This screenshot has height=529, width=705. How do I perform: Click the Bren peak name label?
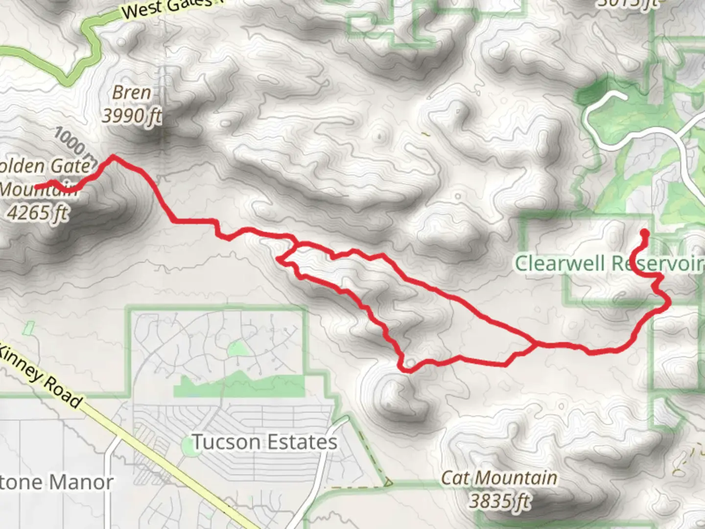pyautogui.click(x=131, y=93)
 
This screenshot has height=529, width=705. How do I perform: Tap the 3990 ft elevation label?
pyautogui.click(x=131, y=116)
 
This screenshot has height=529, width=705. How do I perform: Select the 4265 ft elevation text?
pyautogui.click(x=38, y=213)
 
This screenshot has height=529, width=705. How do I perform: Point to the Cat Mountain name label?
pyautogui.click(x=499, y=478)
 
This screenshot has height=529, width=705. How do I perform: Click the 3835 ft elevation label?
pyautogui.click(x=500, y=501)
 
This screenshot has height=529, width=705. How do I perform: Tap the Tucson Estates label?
pyautogui.click(x=264, y=442)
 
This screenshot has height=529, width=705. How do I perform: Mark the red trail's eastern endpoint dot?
pyautogui.click(x=645, y=233)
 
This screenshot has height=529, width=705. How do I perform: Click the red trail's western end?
pyautogui.click(x=37, y=187)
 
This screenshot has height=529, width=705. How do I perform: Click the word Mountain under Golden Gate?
pyautogui.click(x=39, y=189)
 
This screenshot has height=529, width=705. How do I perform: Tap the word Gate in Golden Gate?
pyautogui.click(x=73, y=166)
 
